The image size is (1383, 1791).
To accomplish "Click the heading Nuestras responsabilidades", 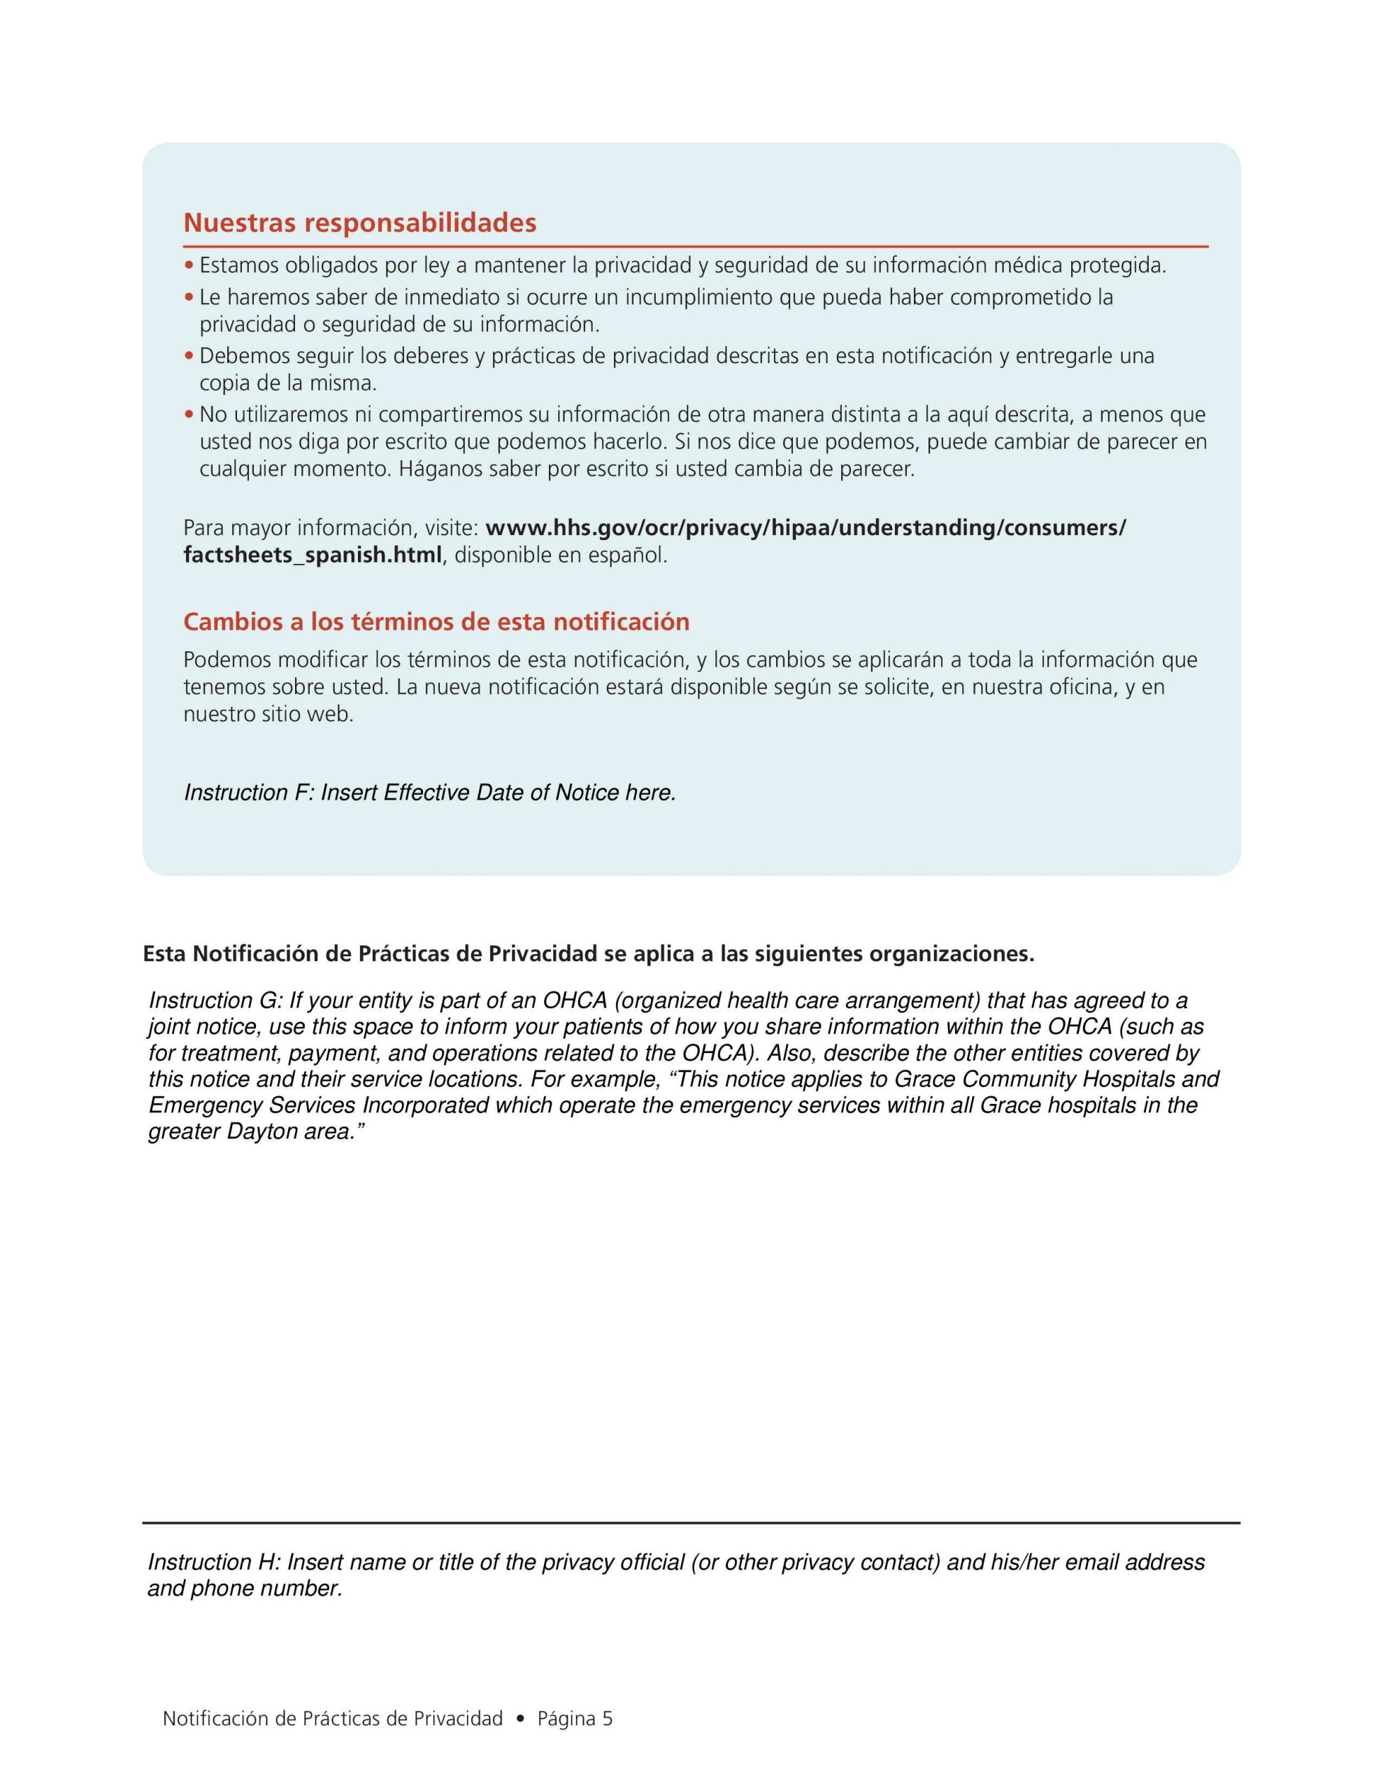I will (x=359, y=223).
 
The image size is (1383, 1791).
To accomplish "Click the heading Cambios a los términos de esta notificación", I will (x=436, y=623).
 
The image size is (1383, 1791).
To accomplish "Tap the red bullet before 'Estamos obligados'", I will (x=189, y=266).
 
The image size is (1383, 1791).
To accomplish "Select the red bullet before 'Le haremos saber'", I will (x=189, y=297).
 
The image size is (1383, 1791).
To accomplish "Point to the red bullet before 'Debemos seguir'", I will (x=189, y=356).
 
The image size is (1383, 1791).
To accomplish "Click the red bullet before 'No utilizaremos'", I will (x=189, y=415).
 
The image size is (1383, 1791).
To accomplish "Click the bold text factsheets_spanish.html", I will (x=313, y=555).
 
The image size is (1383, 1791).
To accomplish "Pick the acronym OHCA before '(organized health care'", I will (x=574, y=1000).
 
